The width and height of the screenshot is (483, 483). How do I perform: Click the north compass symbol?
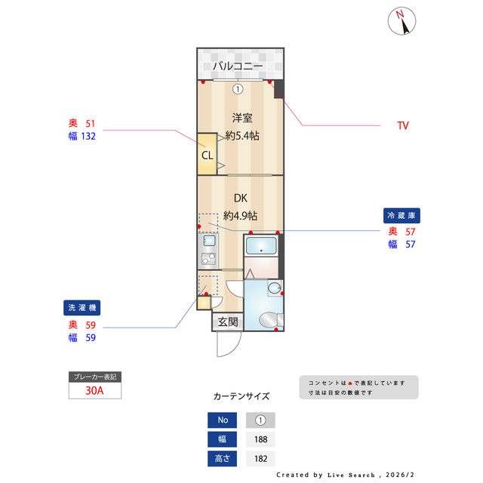(404, 21)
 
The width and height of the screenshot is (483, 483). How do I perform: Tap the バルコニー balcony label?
(237, 66)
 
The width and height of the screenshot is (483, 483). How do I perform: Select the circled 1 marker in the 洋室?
(238, 89)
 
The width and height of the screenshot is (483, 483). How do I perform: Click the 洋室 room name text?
(241, 118)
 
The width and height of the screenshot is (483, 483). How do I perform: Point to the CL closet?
(207, 155)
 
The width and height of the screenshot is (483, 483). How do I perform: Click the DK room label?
(241, 198)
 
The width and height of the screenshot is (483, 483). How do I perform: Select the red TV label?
(403, 125)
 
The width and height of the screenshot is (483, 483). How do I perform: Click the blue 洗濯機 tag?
(82, 308)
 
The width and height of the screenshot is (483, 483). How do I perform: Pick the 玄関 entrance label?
(228, 322)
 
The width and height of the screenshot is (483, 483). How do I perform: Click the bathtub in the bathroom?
(262, 246)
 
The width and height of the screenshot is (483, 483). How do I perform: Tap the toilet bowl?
(268, 321)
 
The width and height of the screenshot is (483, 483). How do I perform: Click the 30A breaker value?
(94, 391)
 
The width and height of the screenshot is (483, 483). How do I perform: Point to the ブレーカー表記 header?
(94, 376)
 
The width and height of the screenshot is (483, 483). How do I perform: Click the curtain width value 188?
(260, 439)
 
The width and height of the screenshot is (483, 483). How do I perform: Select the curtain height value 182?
(260, 458)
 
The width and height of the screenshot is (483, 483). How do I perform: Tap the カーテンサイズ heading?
(241, 395)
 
